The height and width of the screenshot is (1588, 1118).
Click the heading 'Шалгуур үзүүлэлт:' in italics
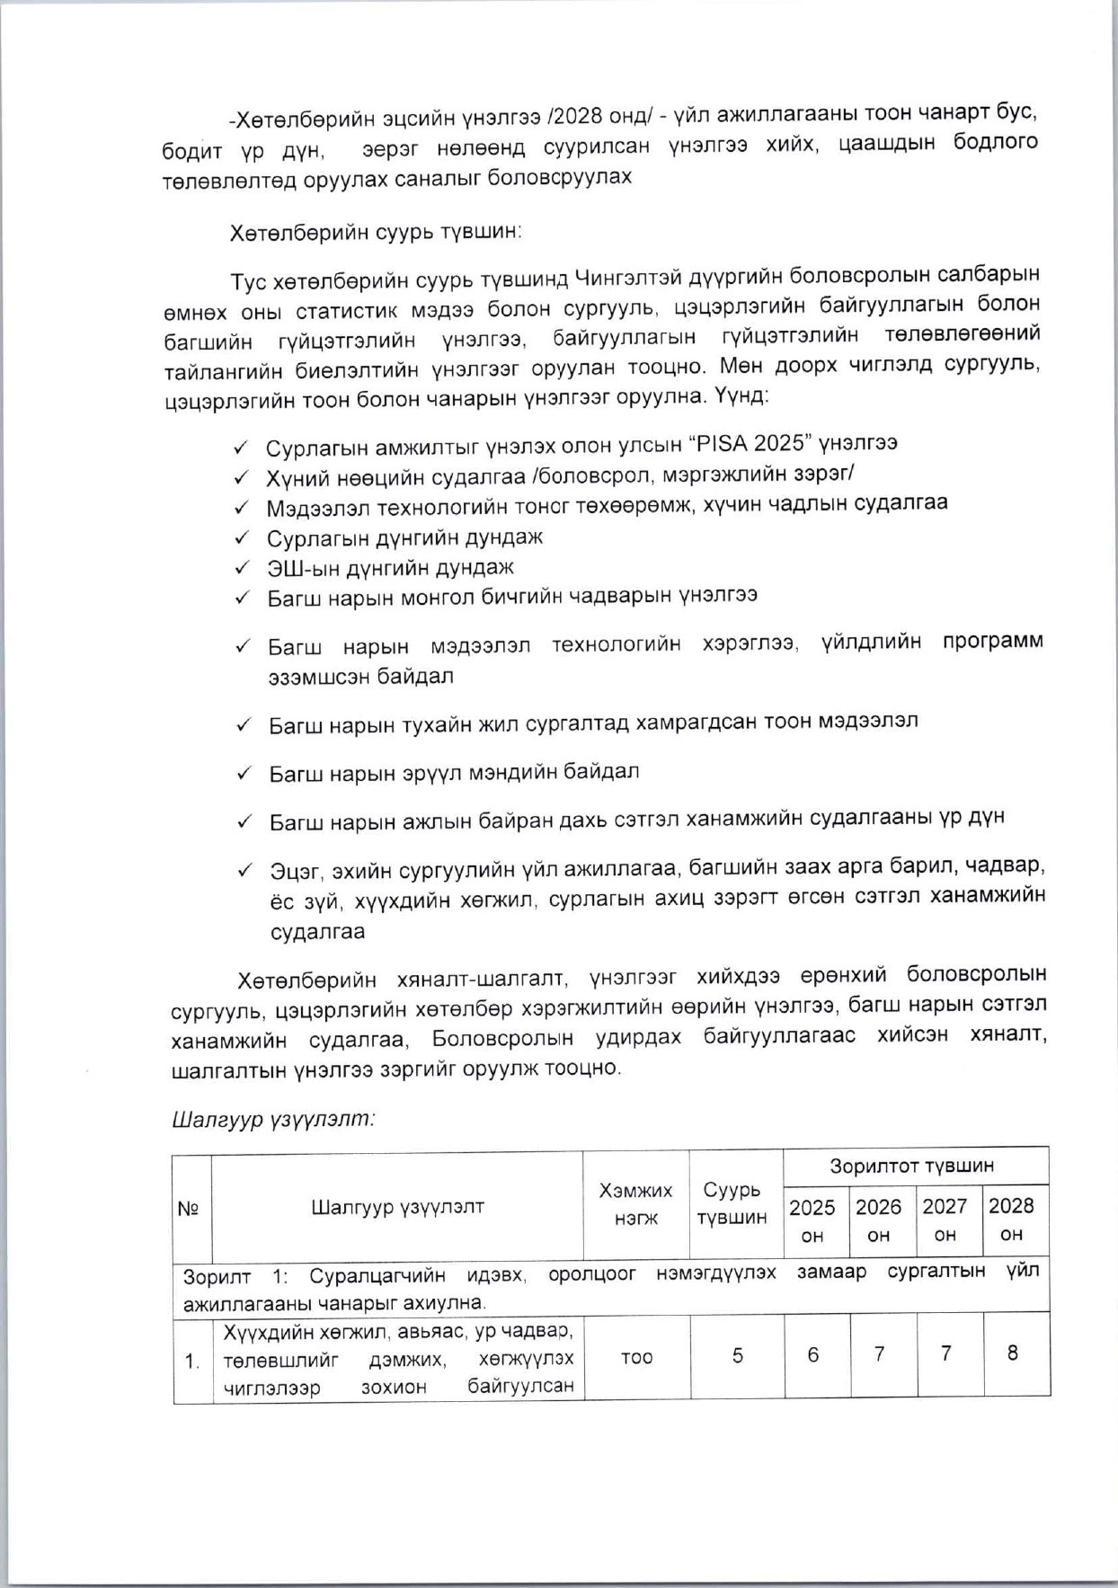pyautogui.click(x=273, y=1119)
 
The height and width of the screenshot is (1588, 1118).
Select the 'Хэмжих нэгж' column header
pyautogui.click(x=635, y=1204)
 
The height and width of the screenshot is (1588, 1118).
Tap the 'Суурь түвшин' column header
pyautogui.click(x=732, y=1204)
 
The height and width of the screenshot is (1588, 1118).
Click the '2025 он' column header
pyautogui.click(x=812, y=1220)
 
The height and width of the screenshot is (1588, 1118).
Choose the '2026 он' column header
pyautogui.click(x=878, y=1220)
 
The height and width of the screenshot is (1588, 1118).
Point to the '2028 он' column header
pyautogui.click(x=1011, y=1220)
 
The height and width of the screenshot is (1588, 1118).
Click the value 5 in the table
pyautogui.click(x=737, y=1355)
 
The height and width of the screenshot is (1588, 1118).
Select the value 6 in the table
pyautogui.click(x=812, y=1354)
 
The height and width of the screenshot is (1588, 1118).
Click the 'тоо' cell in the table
pyautogui.click(x=636, y=1357)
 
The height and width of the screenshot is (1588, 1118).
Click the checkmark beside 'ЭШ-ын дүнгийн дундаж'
pyautogui.click(x=241, y=568)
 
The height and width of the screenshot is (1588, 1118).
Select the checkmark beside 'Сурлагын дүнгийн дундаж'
pyautogui.click(x=241, y=538)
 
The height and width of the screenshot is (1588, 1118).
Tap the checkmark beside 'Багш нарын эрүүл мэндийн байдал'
pyautogui.click(x=244, y=773)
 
